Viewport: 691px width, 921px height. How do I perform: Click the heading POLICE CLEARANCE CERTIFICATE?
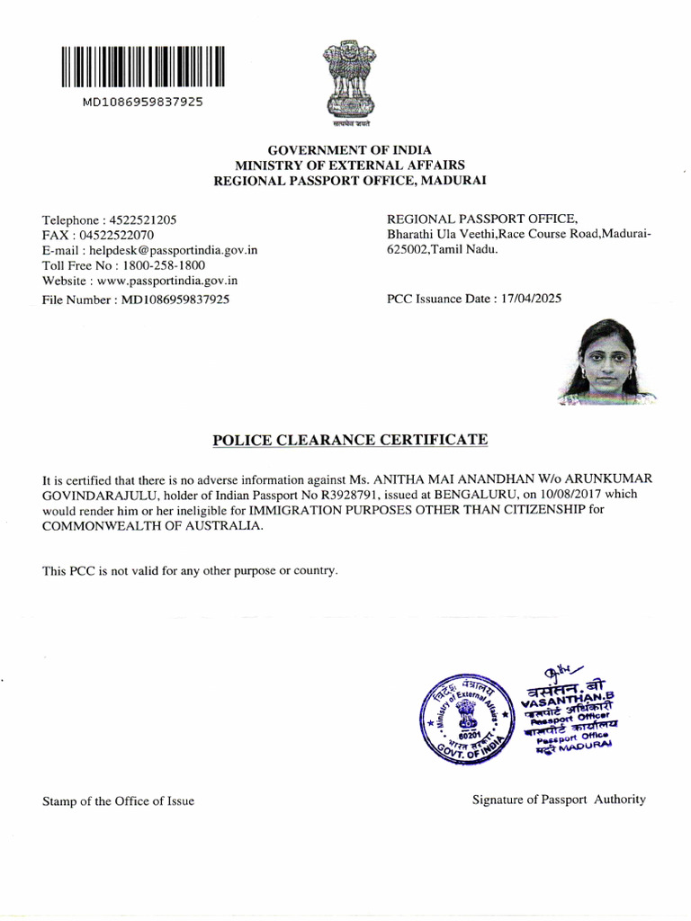[350, 440]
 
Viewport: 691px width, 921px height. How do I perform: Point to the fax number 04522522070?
[116, 235]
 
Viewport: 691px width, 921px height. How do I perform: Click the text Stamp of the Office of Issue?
[118, 800]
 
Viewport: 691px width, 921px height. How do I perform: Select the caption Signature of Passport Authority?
[559, 799]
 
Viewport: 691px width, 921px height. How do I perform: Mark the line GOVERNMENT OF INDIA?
[350, 149]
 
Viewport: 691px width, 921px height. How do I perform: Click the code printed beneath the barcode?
[143, 102]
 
